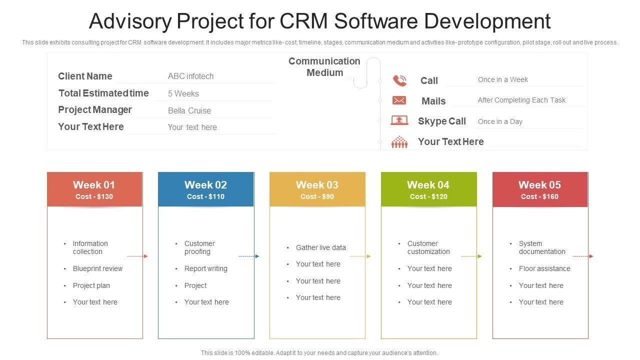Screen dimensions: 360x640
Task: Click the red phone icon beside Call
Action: coord(399,80)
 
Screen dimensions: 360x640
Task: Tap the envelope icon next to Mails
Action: coord(399,100)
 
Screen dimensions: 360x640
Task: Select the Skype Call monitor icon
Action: coord(399,120)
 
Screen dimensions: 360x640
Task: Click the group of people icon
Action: coord(399,142)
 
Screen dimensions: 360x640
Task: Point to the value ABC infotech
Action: coord(190,76)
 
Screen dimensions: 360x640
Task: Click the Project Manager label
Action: coord(95,109)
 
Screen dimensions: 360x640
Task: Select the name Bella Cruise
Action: coord(189,110)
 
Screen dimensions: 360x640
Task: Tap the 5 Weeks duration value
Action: coord(183,93)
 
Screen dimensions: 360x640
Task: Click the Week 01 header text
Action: coord(94,184)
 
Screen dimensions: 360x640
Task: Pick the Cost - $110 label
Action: coord(205,196)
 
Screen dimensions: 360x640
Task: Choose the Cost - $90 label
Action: coord(317,196)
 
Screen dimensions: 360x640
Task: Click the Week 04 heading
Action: coord(428,184)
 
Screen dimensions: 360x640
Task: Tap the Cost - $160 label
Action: coord(539,196)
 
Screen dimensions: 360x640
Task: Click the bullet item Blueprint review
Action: coord(97,268)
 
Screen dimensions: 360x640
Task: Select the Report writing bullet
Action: coord(205,268)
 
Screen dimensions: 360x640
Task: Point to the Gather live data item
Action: coord(320,247)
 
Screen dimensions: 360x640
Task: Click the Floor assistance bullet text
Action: coord(544,268)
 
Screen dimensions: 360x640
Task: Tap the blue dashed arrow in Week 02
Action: coord(248,256)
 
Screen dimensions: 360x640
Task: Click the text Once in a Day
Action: coord(500,121)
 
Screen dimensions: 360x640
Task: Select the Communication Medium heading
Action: coord(324,67)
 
